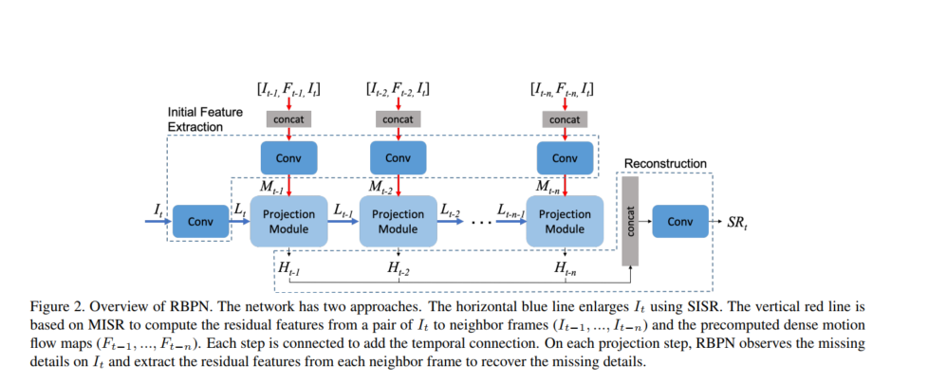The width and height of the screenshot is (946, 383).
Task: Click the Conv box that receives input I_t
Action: coord(200,222)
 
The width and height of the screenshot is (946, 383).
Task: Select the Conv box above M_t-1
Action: coord(288,158)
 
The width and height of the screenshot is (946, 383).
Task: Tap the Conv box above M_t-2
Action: coord(398,158)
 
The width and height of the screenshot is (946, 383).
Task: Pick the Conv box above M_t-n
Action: coord(565,158)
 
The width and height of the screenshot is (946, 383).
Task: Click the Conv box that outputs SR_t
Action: coord(680,222)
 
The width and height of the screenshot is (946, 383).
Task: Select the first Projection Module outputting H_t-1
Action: coord(288,222)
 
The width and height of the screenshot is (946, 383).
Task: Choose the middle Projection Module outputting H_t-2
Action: coord(398,222)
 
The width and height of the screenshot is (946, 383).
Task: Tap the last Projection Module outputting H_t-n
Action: coord(565,222)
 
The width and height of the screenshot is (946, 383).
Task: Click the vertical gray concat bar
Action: coord(630,222)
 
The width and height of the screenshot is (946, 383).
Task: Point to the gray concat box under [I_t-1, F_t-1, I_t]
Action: coord(288,119)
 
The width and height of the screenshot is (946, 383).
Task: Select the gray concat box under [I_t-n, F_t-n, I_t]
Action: coord(565,119)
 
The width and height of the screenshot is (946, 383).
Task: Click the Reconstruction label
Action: coord(664,164)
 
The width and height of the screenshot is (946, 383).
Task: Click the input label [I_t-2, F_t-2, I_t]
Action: coord(398,90)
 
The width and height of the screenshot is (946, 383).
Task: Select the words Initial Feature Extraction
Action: coord(205,119)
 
